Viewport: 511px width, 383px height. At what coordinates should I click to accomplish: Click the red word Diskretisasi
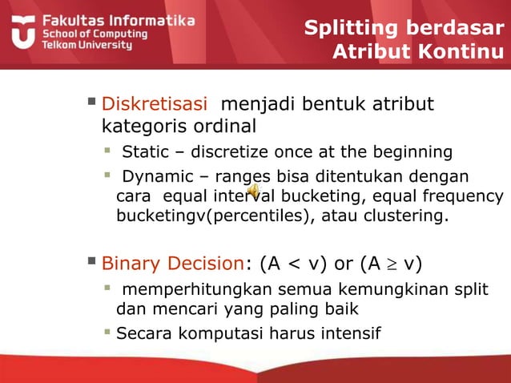(x=156, y=104)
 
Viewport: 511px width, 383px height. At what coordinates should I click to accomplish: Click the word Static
(x=140, y=152)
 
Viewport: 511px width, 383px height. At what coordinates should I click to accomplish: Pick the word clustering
(x=410, y=217)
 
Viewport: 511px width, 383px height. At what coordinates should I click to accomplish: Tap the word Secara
(x=140, y=332)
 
